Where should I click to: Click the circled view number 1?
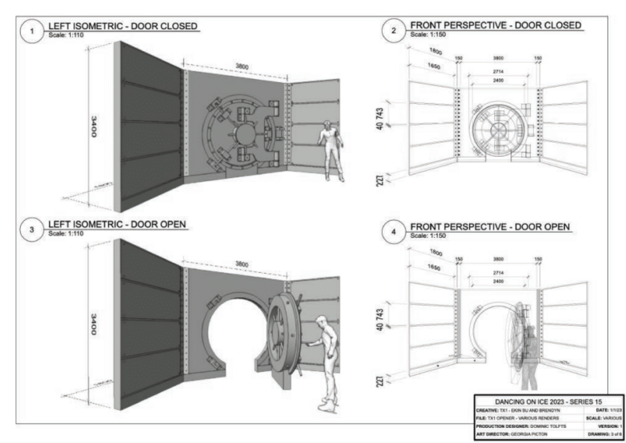pos(32,31)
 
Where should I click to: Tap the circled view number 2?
pos(393,31)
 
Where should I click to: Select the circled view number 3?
pos(32,232)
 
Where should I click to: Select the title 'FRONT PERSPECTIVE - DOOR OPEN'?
pos(490,227)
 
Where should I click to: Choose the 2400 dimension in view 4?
pos(497,282)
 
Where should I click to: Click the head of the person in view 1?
pos(328,126)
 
